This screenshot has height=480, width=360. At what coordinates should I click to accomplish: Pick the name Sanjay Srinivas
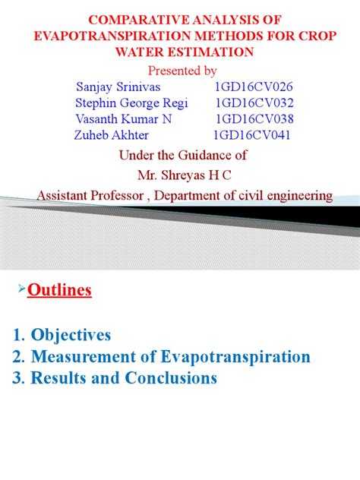click(x=119, y=87)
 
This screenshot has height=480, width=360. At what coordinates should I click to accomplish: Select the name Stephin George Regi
click(x=131, y=103)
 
